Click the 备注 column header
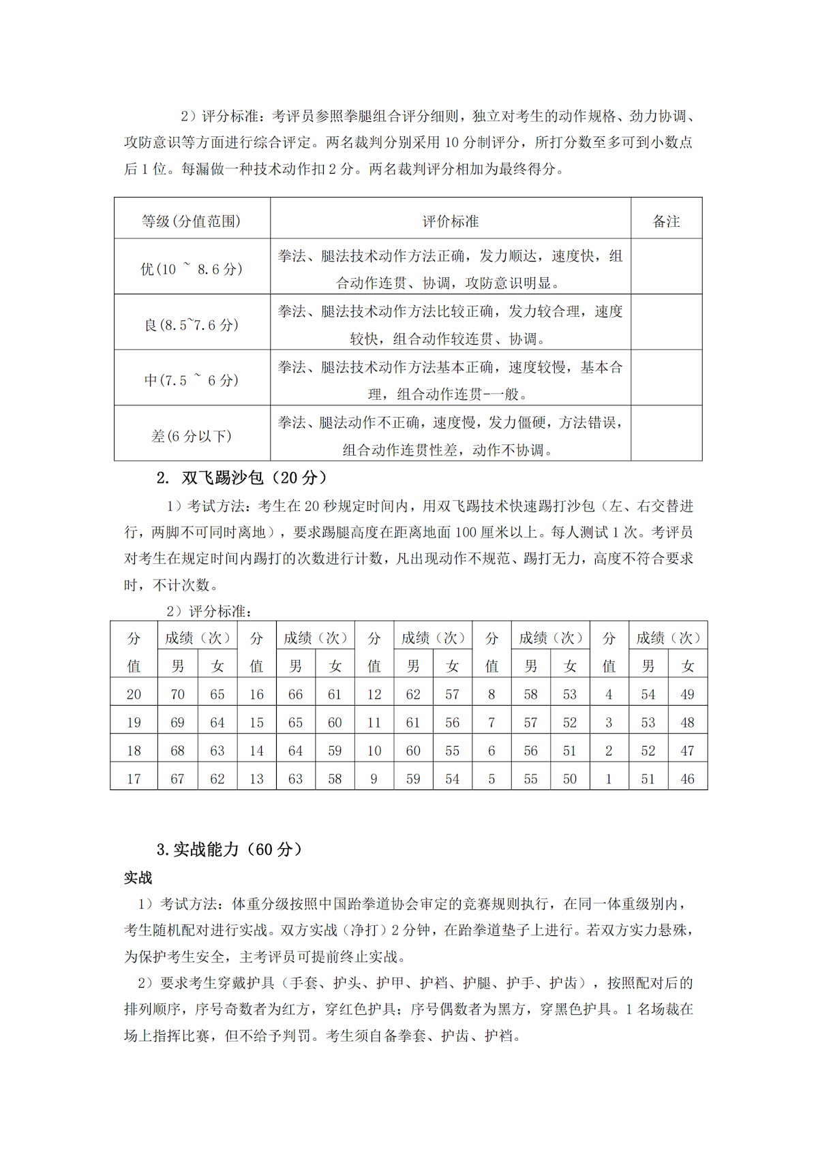coord(666,221)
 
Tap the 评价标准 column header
coord(451,221)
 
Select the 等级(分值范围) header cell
coord(192,221)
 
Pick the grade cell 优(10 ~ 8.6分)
coord(192,268)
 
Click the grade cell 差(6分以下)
coord(192,436)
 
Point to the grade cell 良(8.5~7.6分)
coord(192,324)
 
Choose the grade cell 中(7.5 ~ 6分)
coord(192,380)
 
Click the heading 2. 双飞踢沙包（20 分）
coord(242,478)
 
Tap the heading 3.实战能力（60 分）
coord(230,849)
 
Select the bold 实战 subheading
coord(138,877)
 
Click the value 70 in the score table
coord(177,695)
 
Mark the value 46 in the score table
coord(687,779)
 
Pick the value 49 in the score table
coord(687,695)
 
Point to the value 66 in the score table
coord(295,695)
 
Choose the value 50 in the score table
coord(570,779)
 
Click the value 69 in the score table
coord(177,723)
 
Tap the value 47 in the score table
coord(687,751)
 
